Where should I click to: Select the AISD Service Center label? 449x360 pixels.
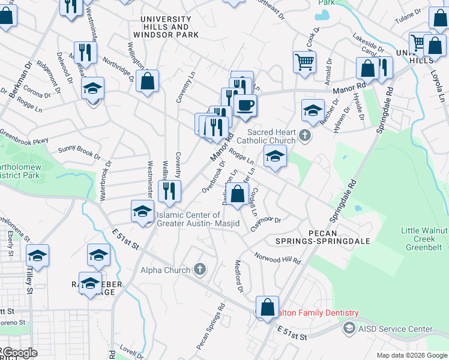click(395, 329)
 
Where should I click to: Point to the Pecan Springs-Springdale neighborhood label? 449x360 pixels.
click(339, 236)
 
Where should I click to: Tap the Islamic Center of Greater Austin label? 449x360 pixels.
click(197, 220)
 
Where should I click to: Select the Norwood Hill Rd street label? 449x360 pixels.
click(277, 259)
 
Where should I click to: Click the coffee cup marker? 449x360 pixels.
click(245, 106)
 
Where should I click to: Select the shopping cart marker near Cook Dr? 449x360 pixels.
click(305, 62)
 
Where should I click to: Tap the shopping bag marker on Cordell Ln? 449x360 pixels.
click(238, 194)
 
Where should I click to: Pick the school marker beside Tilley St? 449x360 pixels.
click(37, 256)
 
